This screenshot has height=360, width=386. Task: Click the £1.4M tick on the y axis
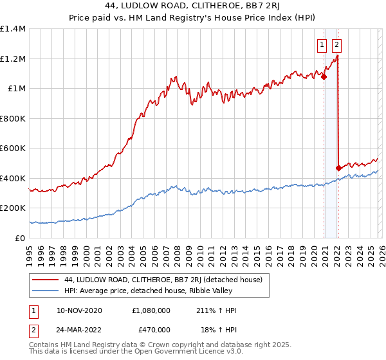[13, 29]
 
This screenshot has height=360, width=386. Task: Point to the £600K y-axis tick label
[13, 148]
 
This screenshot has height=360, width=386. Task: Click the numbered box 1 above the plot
[322, 45]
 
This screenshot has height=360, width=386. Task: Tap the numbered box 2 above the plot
[336, 45]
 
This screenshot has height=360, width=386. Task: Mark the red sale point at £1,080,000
[324, 76]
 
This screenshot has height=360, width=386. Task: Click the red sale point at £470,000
[338, 168]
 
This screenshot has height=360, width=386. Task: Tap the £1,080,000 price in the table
[151, 310]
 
